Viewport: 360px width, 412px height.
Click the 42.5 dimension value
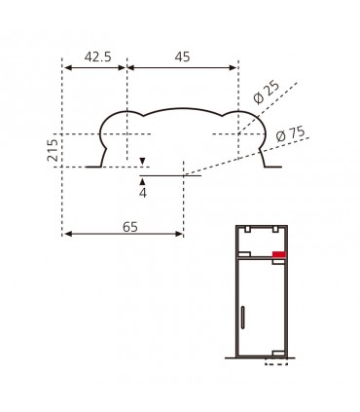point(97,56)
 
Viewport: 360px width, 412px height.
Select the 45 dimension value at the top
point(182,56)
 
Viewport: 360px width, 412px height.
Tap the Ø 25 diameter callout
point(267,93)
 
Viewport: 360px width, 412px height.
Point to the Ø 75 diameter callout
point(291,134)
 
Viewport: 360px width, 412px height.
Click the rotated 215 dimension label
point(53,150)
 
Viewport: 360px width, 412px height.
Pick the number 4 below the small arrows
point(143,193)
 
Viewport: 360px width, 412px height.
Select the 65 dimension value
point(130,227)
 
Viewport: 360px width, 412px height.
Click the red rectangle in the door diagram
point(278,254)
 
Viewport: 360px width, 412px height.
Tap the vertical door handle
point(242,317)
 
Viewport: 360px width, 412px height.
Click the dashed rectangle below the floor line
point(276,361)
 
